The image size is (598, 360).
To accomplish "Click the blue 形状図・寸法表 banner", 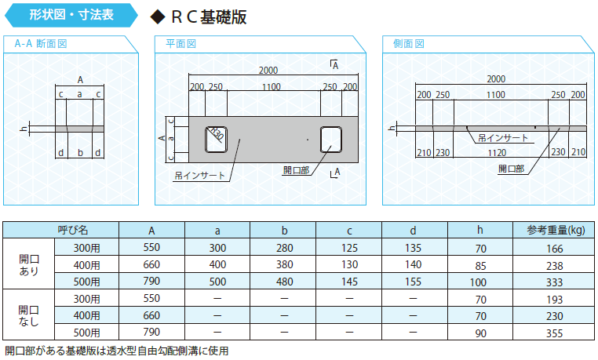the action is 71,15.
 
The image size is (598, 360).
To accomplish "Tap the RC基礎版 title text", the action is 209,16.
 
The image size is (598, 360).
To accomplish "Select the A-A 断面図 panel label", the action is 41,44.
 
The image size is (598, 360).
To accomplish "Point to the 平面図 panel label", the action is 180,44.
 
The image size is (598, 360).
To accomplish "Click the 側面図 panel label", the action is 408,44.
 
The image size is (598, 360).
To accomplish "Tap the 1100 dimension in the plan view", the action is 272,87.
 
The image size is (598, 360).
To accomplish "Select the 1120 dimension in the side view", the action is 498,153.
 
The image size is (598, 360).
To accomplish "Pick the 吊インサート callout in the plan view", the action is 199,176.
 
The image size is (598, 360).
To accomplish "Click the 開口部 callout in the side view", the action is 511,169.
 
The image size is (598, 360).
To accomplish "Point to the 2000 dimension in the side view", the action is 496,79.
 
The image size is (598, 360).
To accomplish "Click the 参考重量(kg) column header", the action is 556,230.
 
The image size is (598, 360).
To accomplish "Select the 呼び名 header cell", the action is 73,230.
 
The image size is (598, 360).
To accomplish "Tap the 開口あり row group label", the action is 29,265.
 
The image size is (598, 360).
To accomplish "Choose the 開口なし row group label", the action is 29,316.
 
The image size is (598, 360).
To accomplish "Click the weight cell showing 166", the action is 554,249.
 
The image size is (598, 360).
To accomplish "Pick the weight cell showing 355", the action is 554,333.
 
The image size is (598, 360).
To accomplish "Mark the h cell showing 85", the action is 480,266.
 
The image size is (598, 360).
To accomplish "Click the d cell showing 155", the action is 413,282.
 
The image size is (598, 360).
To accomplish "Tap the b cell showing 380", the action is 285,265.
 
